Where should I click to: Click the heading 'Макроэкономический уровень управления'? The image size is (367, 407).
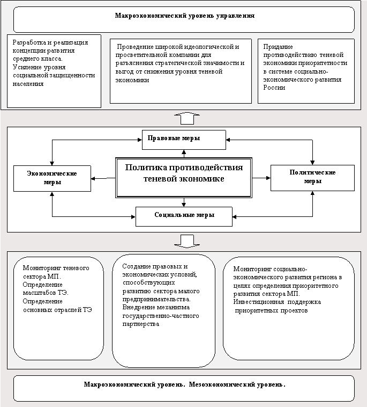tap(184, 16)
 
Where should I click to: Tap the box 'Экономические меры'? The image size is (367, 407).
tap(52, 178)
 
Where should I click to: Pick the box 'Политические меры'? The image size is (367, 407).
tap(312, 177)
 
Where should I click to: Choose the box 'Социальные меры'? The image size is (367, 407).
tap(184, 215)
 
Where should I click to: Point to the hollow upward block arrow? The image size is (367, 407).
tap(187, 118)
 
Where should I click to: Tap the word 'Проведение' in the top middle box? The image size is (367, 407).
tap(136, 47)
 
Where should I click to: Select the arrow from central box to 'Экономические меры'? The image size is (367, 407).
tap(103, 178)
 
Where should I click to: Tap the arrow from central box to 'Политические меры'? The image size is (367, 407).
tap(261, 177)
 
